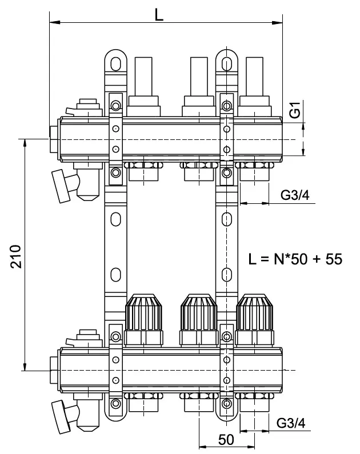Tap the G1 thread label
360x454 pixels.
point(294,110)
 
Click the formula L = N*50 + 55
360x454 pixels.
point(295,259)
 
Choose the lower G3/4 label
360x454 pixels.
point(291,423)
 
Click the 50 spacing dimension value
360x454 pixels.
point(227,440)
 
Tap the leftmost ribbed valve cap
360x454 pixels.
point(144,312)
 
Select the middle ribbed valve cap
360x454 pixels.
point(199,312)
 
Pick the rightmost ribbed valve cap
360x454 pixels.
point(254,312)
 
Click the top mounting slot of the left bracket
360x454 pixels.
point(116,61)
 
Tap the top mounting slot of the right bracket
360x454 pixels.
point(227,61)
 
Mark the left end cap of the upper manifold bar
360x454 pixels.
point(54,139)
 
